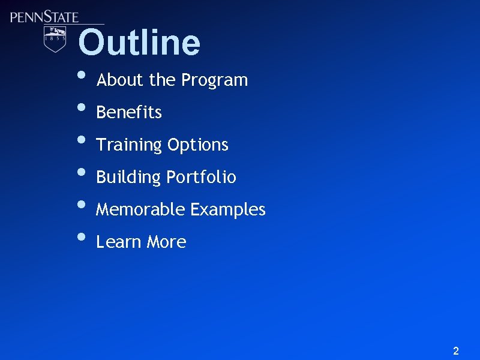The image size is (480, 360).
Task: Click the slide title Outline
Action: [139, 43]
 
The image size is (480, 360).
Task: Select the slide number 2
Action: [456, 351]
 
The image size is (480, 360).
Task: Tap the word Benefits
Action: [129, 112]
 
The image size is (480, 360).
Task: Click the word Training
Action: [129, 145]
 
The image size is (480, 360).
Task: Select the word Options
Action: [198, 145]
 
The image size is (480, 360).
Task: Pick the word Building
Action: [128, 178]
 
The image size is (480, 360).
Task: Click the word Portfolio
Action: [202, 177]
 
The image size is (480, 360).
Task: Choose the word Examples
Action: [228, 209]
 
